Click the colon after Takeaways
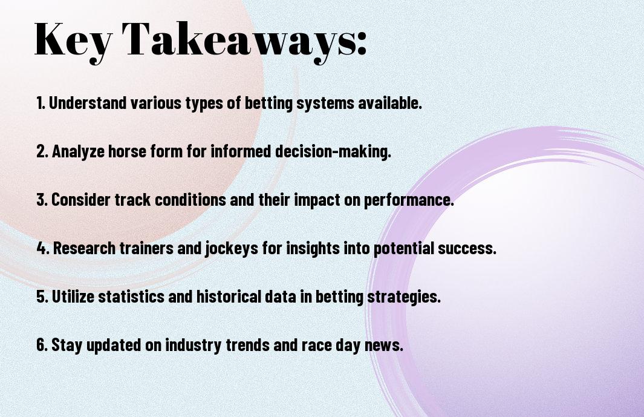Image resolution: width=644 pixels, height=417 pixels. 362,44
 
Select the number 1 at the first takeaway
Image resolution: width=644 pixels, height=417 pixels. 40,103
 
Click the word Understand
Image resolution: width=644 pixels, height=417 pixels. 88,103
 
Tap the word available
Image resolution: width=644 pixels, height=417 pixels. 390,103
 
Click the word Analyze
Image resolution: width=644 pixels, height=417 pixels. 78,152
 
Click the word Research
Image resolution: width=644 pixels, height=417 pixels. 84,248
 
